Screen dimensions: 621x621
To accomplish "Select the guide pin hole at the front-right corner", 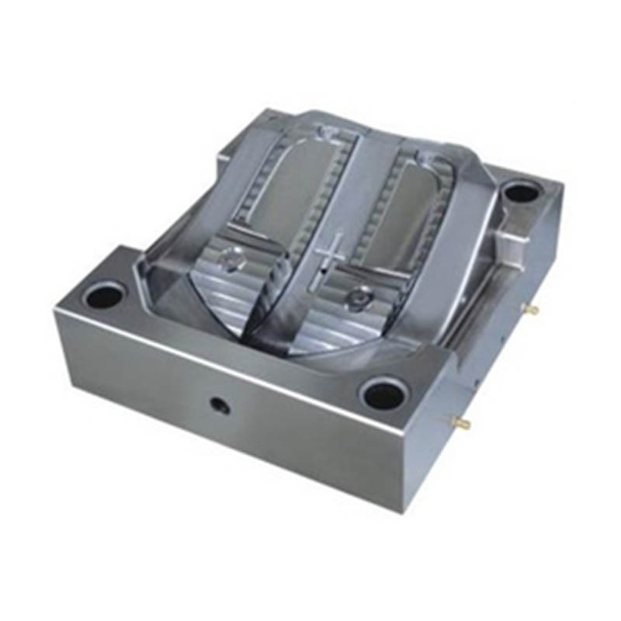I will (x=383, y=395).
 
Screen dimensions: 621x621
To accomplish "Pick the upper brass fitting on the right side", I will (x=533, y=309).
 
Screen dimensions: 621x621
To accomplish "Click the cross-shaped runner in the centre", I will (x=328, y=252).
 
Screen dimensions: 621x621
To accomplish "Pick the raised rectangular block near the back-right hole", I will (x=508, y=233).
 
